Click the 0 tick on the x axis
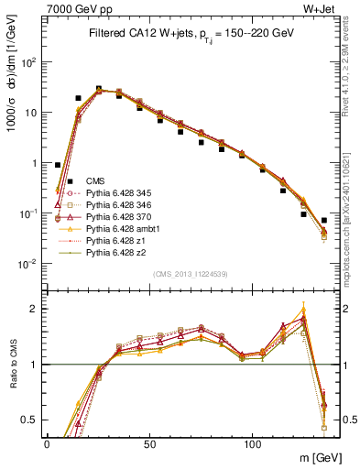point(47,443)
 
